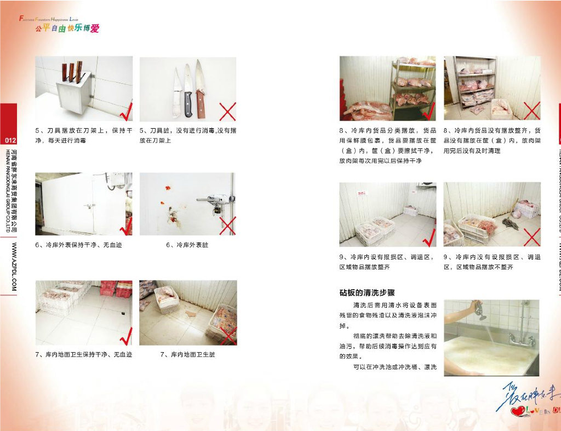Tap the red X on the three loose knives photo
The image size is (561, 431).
point(227,112)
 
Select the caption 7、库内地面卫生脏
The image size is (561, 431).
point(187,354)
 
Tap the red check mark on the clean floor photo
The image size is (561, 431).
point(126,335)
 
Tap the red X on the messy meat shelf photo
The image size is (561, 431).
point(531,111)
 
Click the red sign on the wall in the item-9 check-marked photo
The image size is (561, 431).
point(376,193)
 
